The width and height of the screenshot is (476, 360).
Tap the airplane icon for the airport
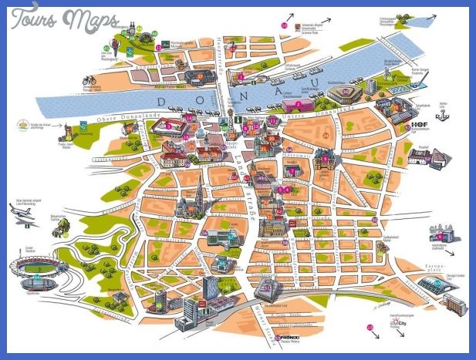pyautogui.click(x=23, y=220)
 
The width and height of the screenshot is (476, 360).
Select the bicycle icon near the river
pyautogui.click(x=90, y=79)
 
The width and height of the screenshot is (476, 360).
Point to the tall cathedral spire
pyautogui.click(x=198, y=188)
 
